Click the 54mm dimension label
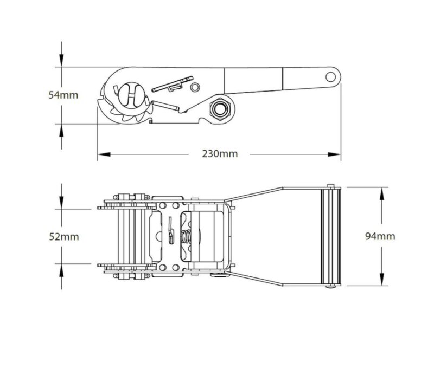pyautogui.click(x=63, y=95)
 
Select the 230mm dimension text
pyautogui.click(x=220, y=153)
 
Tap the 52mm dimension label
pyautogui.click(x=63, y=237)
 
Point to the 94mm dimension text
pyautogui.click(x=380, y=236)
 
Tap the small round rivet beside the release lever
pyautogui.click(x=195, y=87)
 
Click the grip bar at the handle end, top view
pyautogui.click(x=330, y=236)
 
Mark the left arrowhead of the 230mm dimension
pyautogui.click(x=101, y=154)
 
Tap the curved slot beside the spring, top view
pyautogui.click(x=170, y=228)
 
